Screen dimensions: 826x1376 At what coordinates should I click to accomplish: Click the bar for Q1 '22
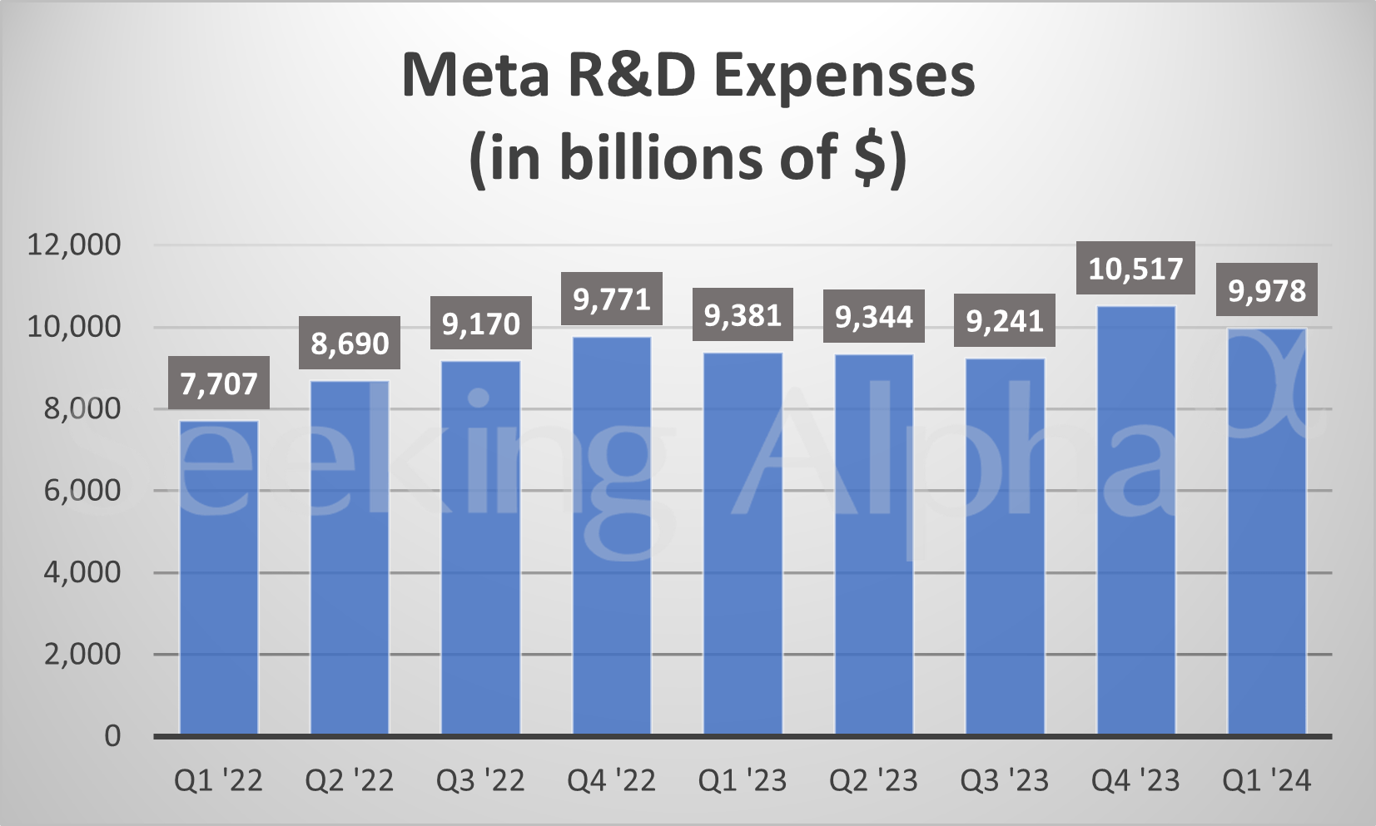(219, 578)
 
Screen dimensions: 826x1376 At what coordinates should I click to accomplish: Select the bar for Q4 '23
(1136, 521)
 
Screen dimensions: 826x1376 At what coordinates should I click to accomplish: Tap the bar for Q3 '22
(480, 548)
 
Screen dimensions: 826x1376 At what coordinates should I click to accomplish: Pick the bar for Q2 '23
(874, 545)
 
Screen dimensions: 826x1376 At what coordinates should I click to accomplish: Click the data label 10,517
(1135, 269)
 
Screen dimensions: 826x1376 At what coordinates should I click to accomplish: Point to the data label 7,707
(219, 383)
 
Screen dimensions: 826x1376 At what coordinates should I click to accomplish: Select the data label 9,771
(612, 299)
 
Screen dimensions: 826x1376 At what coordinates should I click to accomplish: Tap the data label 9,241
(1005, 321)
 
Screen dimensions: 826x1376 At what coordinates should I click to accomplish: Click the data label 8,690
(350, 343)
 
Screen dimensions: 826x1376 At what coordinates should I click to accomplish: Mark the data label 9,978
(1267, 291)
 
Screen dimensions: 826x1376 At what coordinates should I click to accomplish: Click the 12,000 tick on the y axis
(74, 245)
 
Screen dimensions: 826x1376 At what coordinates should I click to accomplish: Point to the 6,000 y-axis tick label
(82, 490)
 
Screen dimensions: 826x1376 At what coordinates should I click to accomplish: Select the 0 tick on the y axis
(112, 736)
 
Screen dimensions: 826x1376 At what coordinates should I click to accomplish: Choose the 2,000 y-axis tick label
(82, 655)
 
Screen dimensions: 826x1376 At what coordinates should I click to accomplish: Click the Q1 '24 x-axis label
(1266, 781)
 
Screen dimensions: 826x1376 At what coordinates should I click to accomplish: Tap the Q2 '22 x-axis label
(350, 781)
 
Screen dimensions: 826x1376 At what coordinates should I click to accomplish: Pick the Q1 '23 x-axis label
(743, 781)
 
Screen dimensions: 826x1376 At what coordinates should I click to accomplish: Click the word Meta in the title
(475, 76)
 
